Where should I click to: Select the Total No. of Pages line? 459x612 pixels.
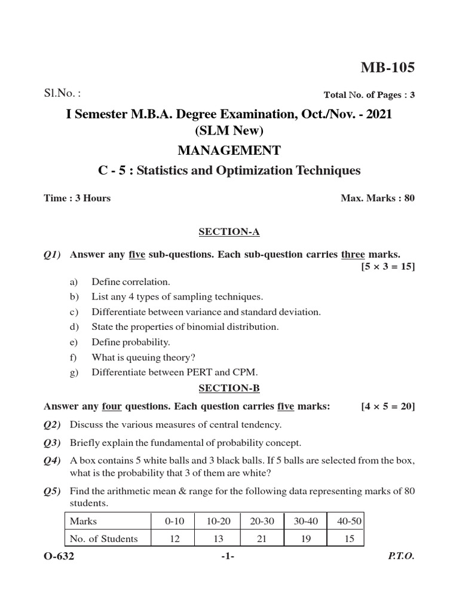point(369,94)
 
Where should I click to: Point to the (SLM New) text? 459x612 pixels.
point(229,131)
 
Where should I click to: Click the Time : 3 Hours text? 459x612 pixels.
point(77,198)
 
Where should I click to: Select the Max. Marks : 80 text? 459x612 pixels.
point(377,198)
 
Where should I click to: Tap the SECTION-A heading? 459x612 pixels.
point(229,231)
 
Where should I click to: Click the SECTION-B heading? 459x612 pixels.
point(229,388)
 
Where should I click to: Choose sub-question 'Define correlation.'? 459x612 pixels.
point(131,281)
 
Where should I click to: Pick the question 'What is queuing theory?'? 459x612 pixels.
point(143,357)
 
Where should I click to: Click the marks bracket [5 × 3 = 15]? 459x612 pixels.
point(387,267)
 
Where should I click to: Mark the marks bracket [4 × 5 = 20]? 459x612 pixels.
point(387,406)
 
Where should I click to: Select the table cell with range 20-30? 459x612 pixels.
point(262,521)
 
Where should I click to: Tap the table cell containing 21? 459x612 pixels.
point(262,538)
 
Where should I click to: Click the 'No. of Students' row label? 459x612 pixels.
point(104,538)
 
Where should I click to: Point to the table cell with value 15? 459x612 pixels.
point(350,538)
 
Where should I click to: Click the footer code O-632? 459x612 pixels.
point(59,556)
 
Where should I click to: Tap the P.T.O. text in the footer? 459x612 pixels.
point(401,556)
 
